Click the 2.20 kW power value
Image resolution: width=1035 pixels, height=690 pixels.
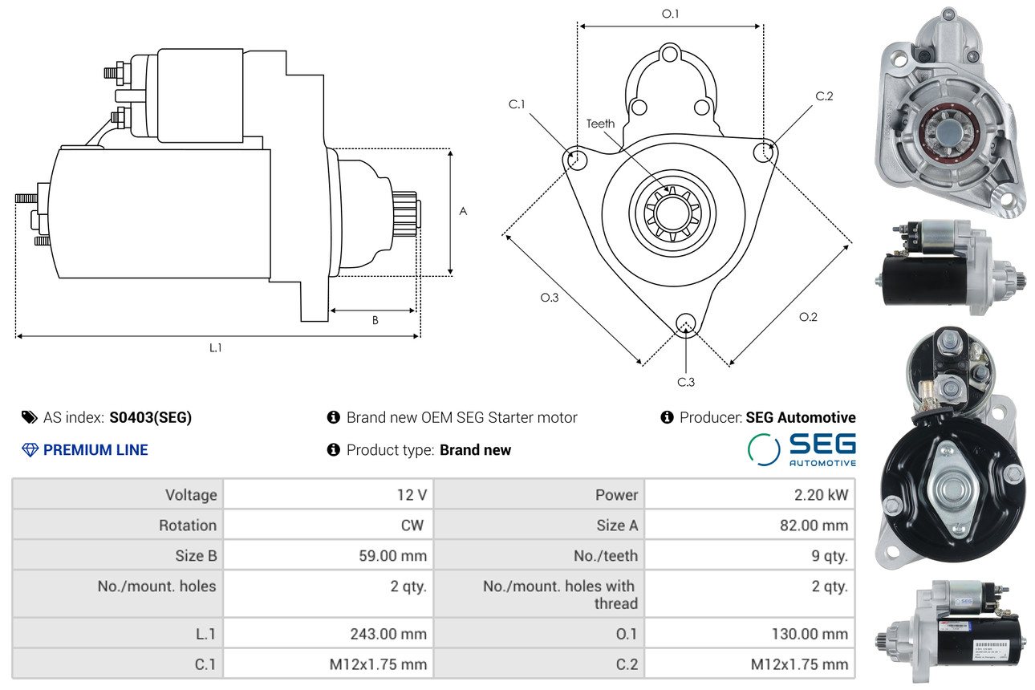pyautogui.click(x=821, y=495)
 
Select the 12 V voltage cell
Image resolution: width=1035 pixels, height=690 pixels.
pyautogui.click(x=412, y=495)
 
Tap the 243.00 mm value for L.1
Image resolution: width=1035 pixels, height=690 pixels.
pyautogui.click(x=388, y=634)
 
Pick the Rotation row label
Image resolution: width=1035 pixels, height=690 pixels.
pyautogui.click(x=188, y=526)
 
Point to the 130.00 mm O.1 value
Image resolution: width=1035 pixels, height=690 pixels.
pyautogui.click(x=810, y=634)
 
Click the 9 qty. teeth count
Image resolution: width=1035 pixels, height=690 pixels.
pyautogui.click(x=830, y=556)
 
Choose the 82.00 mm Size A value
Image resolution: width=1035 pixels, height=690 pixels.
pyautogui.click(x=814, y=526)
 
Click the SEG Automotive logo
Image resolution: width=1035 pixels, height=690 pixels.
pyautogui.click(x=802, y=449)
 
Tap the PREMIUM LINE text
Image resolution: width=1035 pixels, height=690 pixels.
pyautogui.click(x=95, y=449)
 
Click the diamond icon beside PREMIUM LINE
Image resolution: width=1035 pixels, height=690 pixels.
pyautogui.click(x=30, y=450)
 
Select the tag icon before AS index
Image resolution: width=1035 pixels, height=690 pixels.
pyautogui.click(x=30, y=417)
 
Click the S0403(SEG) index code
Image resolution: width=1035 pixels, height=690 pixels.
pyautogui.click(x=150, y=418)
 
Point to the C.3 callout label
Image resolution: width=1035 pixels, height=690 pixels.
pyautogui.click(x=686, y=382)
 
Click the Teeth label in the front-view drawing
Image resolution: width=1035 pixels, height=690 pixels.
pyautogui.click(x=600, y=124)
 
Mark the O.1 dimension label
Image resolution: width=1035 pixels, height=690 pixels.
pyautogui.click(x=670, y=14)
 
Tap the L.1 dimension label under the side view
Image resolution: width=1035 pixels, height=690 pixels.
pyautogui.click(x=215, y=347)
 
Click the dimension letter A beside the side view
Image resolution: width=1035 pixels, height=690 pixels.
pyautogui.click(x=463, y=212)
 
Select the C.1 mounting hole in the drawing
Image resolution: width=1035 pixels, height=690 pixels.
pyautogui.click(x=575, y=159)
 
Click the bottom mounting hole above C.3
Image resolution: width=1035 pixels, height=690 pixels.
pyautogui.click(x=686, y=323)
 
